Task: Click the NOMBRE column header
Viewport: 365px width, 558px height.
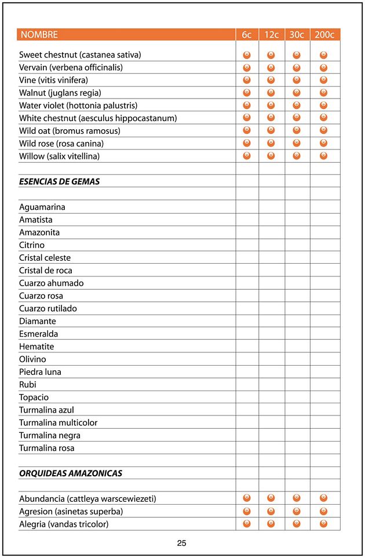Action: (39, 35)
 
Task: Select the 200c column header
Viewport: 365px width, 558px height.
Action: (324, 35)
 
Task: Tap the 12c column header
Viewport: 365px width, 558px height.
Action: (271, 35)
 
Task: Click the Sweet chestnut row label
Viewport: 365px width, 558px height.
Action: (80, 55)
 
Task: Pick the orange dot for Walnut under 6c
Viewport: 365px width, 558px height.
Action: (246, 93)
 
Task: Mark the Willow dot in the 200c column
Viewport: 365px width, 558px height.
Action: (324, 156)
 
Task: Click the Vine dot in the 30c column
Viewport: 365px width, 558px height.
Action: (297, 80)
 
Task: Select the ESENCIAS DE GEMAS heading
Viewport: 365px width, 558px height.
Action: (59, 181)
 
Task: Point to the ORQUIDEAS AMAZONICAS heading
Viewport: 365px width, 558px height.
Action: (71, 473)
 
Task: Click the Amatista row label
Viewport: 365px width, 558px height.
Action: (35, 220)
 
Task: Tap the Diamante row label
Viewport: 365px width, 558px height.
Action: (37, 321)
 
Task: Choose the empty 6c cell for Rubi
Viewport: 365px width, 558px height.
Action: (246, 385)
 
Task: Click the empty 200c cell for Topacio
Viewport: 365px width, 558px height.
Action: (324, 397)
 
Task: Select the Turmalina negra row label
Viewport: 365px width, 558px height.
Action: (49, 435)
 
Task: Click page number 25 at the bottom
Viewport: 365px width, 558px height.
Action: (181, 544)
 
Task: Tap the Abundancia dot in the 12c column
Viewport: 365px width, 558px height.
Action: (271, 498)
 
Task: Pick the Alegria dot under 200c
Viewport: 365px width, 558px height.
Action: (324, 524)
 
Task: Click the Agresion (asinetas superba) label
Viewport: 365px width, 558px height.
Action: (71, 512)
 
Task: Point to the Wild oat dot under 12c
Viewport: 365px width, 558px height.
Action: (271, 130)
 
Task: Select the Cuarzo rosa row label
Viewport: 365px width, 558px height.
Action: (41, 296)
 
